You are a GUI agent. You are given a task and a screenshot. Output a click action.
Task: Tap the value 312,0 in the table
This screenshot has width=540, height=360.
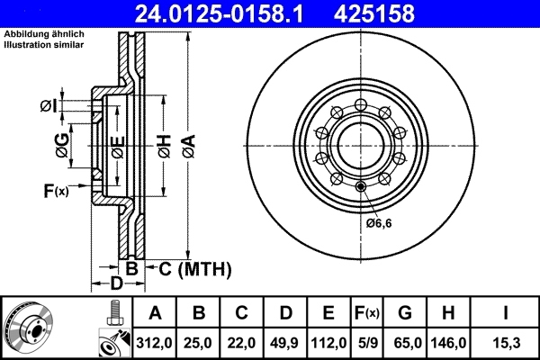155,342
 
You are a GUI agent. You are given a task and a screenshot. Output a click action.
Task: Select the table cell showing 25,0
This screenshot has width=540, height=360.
200,342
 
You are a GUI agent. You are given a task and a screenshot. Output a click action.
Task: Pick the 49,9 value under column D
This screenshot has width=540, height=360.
285,342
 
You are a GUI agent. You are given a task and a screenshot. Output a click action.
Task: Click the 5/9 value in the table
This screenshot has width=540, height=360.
367,342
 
